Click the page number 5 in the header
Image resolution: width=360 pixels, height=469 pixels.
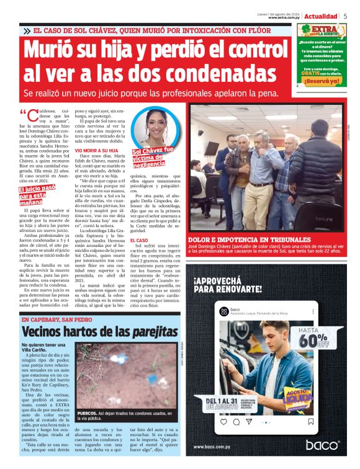tap(345, 16)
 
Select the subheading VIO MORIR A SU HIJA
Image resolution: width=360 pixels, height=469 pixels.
tap(96, 151)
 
